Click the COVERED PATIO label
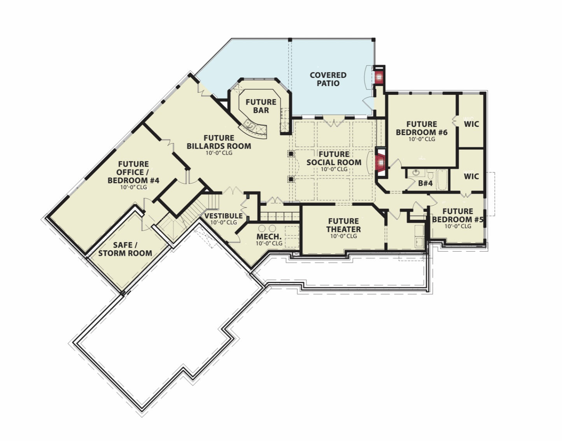(x=328, y=79)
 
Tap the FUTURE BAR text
(x=261, y=106)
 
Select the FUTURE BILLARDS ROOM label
(x=219, y=142)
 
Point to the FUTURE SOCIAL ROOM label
(x=334, y=158)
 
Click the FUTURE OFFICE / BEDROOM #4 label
(x=133, y=172)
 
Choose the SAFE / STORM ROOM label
(x=125, y=249)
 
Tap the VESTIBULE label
(x=224, y=215)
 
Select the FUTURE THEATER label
(x=343, y=225)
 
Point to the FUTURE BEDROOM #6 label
(x=422, y=128)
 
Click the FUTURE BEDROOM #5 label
(x=457, y=215)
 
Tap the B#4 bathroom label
(x=425, y=183)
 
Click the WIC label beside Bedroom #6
(x=471, y=124)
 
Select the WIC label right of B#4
(x=471, y=177)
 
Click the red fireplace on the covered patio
(x=379, y=77)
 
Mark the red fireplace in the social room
(x=381, y=163)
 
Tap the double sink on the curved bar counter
(x=250, y=125)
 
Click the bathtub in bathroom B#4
(x=442, y=179)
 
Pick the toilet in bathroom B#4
(x=430, y=175)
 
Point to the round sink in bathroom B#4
(x=416, y=172)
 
